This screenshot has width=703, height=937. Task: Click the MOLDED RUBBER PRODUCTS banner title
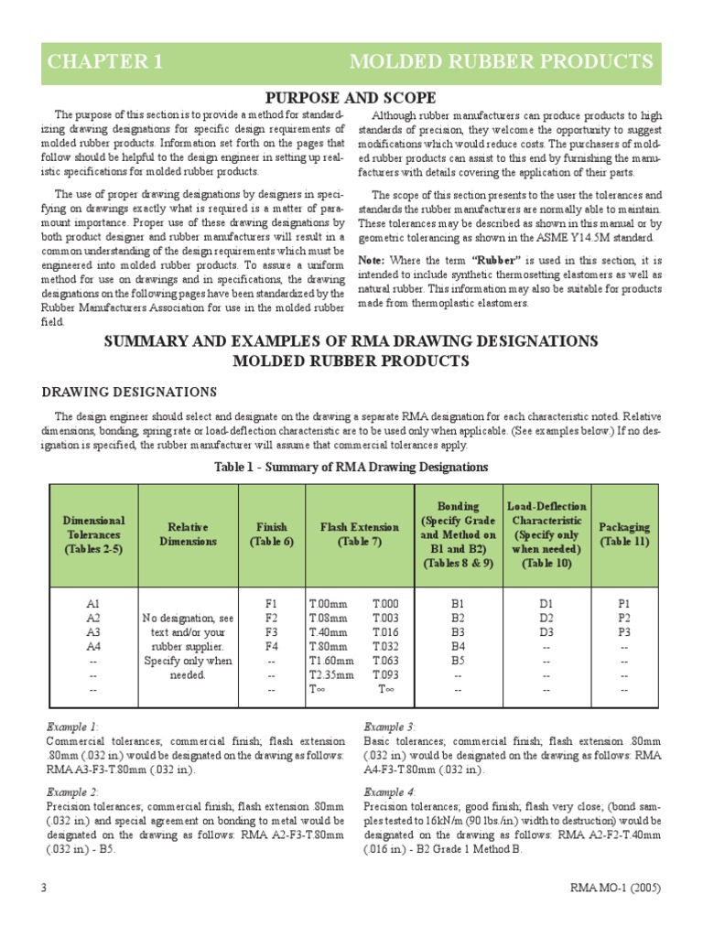(x=501, y=62)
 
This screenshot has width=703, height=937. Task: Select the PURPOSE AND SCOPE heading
(x=351, y=98)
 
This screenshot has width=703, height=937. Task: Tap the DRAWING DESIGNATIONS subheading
(x=131, y=392)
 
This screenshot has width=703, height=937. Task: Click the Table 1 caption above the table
(x=351, y=467)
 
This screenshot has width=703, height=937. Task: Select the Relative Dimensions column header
(x=188, y=534)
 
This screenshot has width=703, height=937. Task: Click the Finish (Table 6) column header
(x=271, y=534)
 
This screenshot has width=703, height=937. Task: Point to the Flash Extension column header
(x=359, y=534)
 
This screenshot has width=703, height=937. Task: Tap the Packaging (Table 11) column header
(x=624, y=534)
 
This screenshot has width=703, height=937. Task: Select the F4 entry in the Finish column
(x=271, y=646)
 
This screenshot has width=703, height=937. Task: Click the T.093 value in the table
(x=385, y=674)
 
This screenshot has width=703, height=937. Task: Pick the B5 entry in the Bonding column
(x=459, y=660)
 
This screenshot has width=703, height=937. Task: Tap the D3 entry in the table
(x=546, y=632)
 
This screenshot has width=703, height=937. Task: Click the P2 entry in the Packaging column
(x=624, y=619)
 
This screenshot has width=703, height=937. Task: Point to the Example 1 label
(x=73, y=726)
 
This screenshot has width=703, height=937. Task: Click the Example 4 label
(x=389, y=792)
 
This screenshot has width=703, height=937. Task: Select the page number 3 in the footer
(x=44, y=889)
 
